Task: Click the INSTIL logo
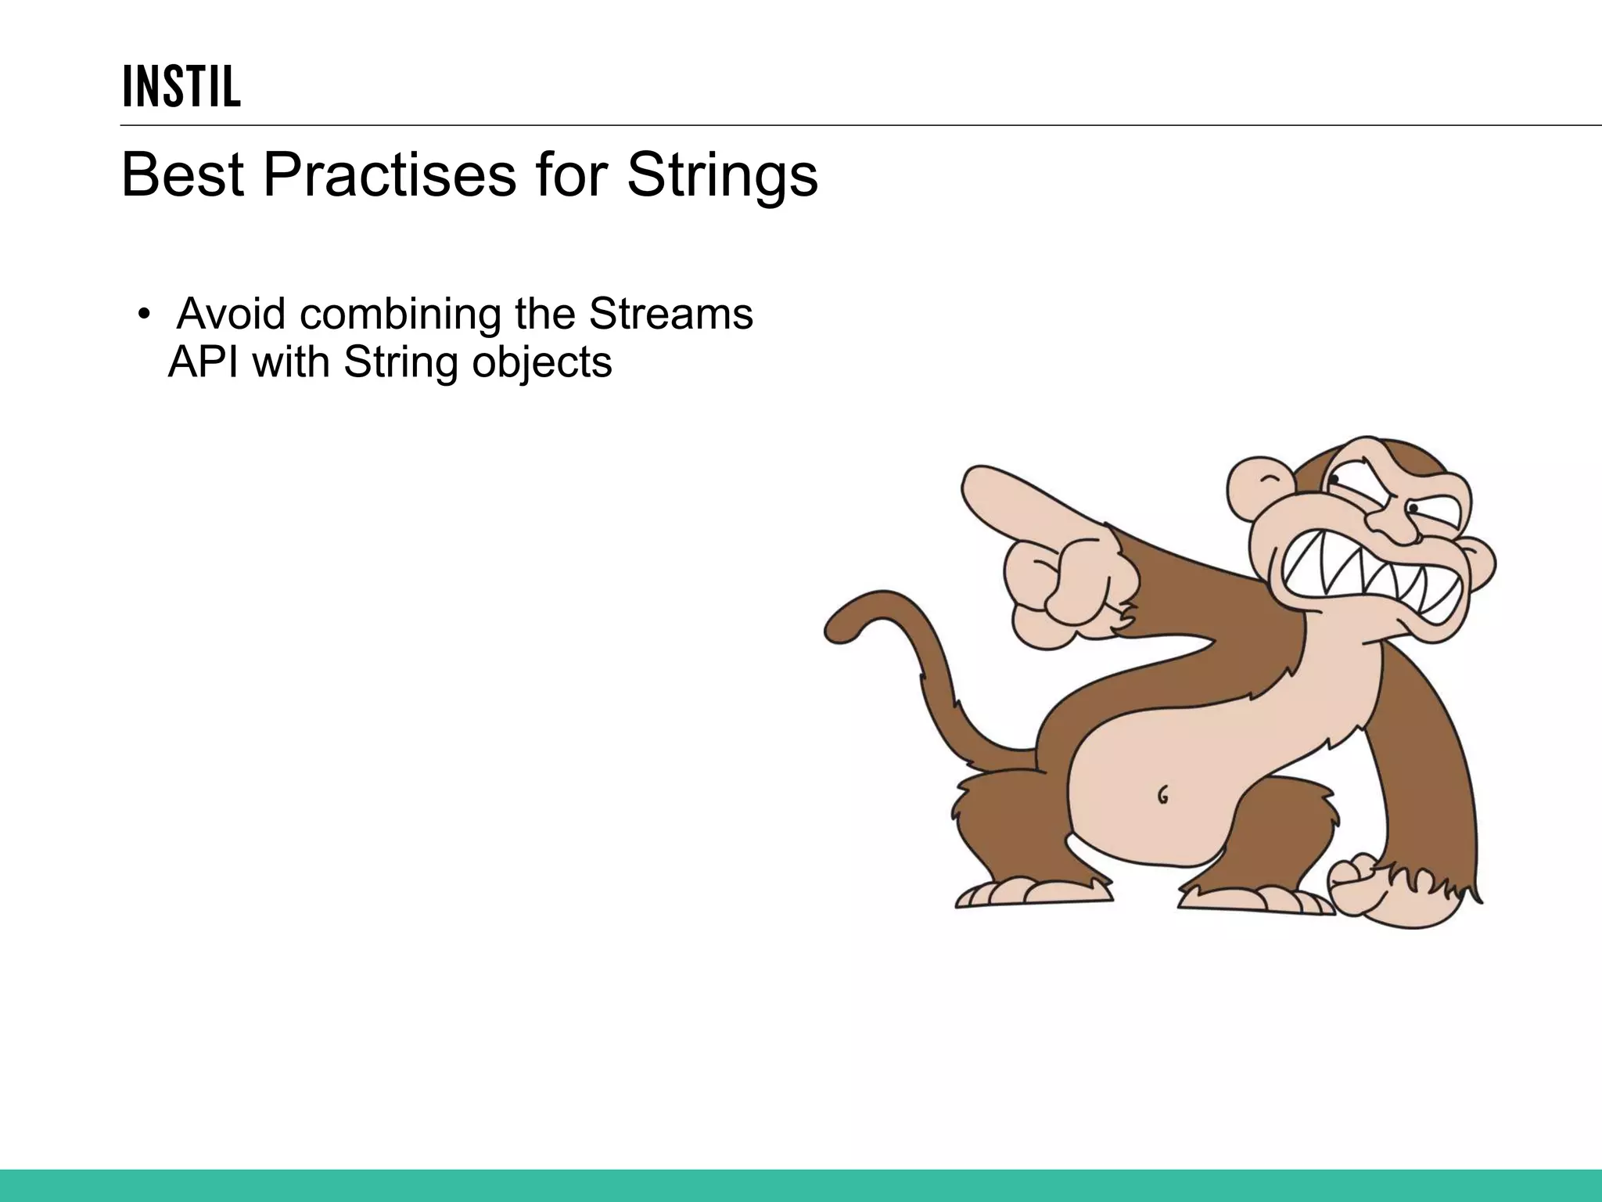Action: [181, 87]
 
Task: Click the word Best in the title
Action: [182, 175]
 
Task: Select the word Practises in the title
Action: [389, 175]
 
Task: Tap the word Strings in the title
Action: [721, 176]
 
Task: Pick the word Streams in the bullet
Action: [670, 314]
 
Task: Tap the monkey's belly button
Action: [1163, 795]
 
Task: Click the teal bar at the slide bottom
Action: [801, 1186]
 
